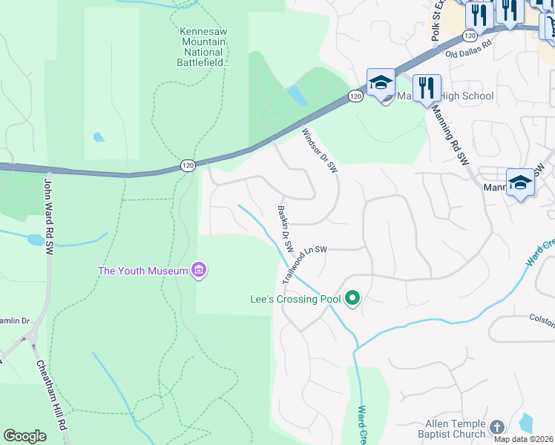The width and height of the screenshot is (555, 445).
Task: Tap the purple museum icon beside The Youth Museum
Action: pos(198,271)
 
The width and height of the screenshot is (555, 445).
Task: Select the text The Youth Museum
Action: pos(142,271)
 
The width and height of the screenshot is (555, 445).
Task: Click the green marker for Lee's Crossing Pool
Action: pos(352,299)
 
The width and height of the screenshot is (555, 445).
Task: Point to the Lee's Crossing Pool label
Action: pos(295,300)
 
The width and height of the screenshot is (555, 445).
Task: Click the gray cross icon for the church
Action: pos(496,427)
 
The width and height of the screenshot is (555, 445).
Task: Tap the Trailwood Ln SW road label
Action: pos(303,263)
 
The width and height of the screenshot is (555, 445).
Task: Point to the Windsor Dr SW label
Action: pos(320,151)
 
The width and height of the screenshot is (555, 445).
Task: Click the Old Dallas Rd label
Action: pos(469,48)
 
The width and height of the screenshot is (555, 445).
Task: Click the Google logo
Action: pos(25,436)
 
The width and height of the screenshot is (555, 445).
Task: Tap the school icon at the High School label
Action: pos(380,85)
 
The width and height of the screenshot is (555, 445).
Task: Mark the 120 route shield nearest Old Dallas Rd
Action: pos(469,35)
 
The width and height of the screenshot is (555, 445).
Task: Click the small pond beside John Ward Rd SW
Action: pos(35,240)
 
